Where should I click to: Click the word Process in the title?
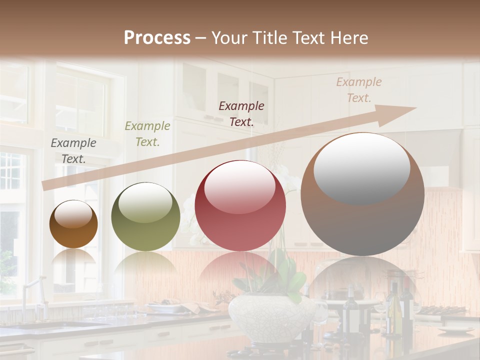click(x=157, y=38)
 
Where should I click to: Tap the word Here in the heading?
click(x=349, y=38)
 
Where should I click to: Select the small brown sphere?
click(x=73, y=224)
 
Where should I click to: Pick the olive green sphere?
click(x=145, y=217)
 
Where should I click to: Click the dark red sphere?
click(x=240, y=206)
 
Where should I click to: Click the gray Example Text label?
click(x=73, y=150)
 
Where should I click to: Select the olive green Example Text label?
click(x=147, y=133)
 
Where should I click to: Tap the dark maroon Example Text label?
click(x=241, y=113)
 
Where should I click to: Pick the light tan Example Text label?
click(x=358, y=89)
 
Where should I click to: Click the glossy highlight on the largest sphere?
click(x=361, y=167)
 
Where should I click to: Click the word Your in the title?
click(x=232, y=38)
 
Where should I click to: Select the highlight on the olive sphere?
click(x=145, y=202)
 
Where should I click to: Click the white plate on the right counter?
click(x=455, y=329)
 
